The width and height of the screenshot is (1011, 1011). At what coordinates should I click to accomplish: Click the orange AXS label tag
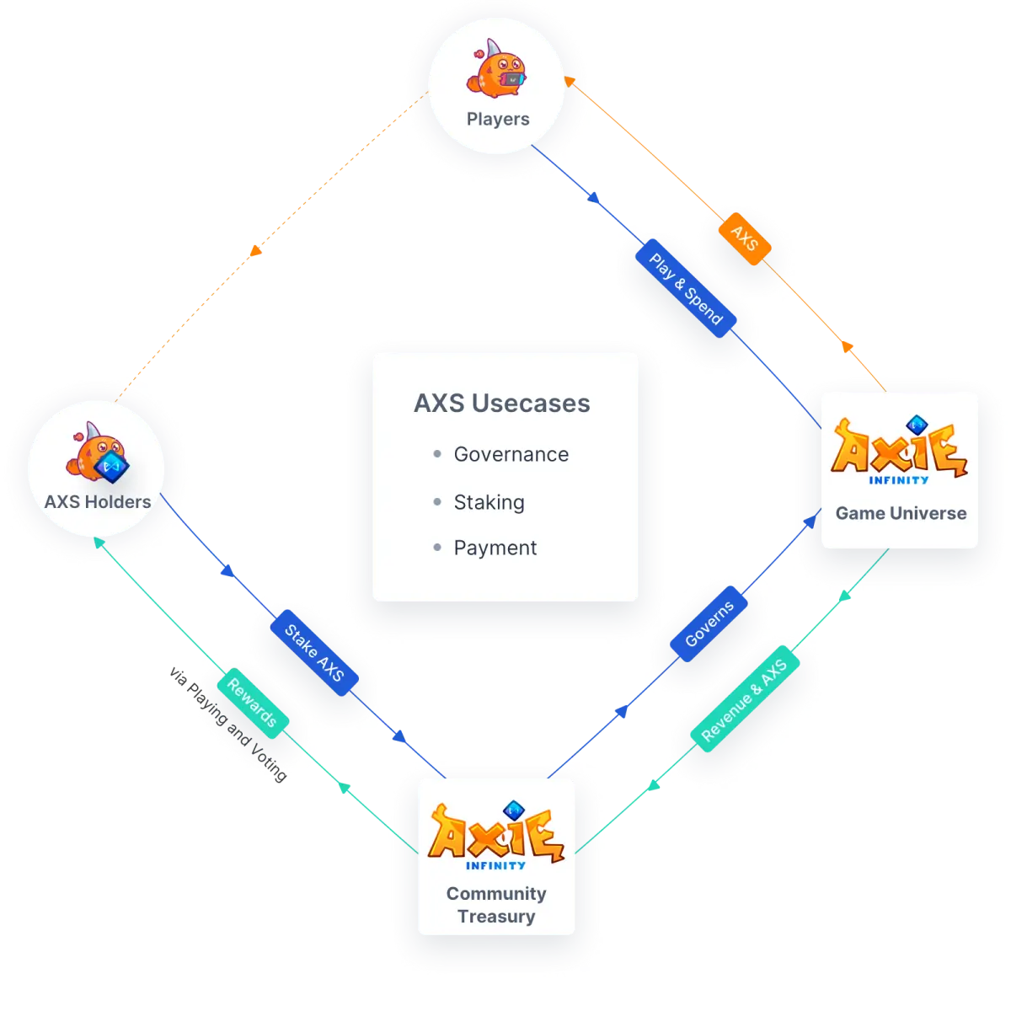tap(744, 238)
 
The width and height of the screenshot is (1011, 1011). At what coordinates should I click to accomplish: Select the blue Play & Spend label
tap(686, 288)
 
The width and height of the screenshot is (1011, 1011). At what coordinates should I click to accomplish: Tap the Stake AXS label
tap(314, 653)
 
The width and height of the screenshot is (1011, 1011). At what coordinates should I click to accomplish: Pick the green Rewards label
tap(252, 703)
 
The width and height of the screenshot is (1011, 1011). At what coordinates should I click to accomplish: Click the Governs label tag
tap(709, 623)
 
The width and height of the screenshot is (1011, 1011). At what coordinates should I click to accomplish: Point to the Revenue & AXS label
tap(745, 698)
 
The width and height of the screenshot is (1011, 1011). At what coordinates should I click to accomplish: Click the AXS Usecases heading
tap(501, 403)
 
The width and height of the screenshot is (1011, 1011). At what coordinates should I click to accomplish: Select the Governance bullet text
tap(511, 454)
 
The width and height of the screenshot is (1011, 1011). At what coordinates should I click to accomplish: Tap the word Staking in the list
tap(489, 502)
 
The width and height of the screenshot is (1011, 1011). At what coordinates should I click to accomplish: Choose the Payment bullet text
tap(495, 548)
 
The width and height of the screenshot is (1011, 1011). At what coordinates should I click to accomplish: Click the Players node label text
tap(497, 119)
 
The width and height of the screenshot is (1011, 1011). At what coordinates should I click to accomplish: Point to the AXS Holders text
tap(98, 501)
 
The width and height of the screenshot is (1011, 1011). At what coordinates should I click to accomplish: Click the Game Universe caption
tap(901, 512)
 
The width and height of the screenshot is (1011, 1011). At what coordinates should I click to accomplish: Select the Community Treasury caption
tap(495, 905)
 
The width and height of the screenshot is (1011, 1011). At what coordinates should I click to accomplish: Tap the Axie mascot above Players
tap(495, 68)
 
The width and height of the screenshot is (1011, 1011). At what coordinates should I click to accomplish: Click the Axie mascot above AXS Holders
tap(98, 452)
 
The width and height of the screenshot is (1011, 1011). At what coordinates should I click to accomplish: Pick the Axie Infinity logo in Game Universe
tap(899, 450)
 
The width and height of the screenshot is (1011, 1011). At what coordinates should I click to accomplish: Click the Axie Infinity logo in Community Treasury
tap(496, 835)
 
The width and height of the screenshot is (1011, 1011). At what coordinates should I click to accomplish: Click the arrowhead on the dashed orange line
tap(256, 250)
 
